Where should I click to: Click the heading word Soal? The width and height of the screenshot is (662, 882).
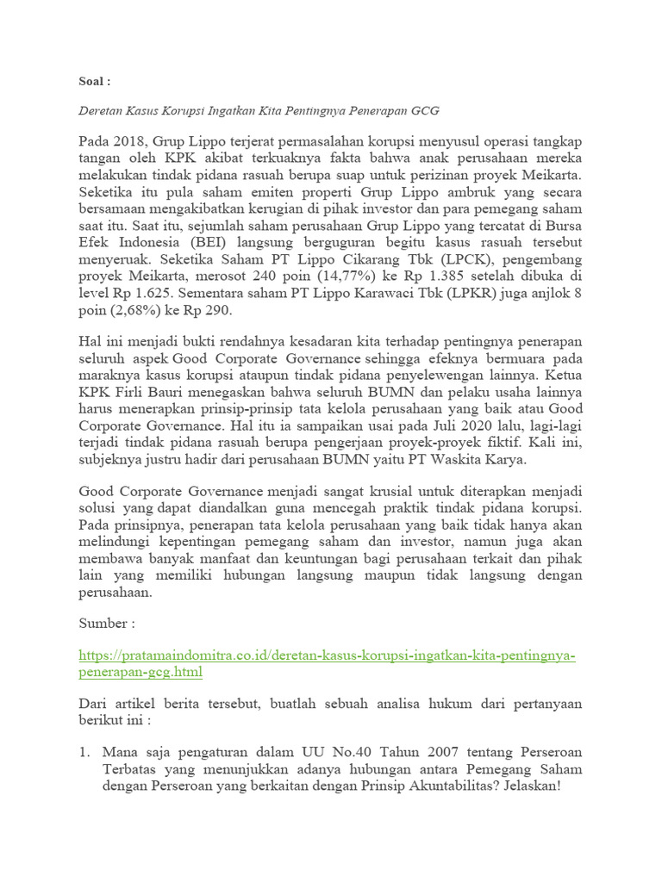click(91, 82)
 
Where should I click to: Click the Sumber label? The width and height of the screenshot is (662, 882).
click(105, 623)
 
